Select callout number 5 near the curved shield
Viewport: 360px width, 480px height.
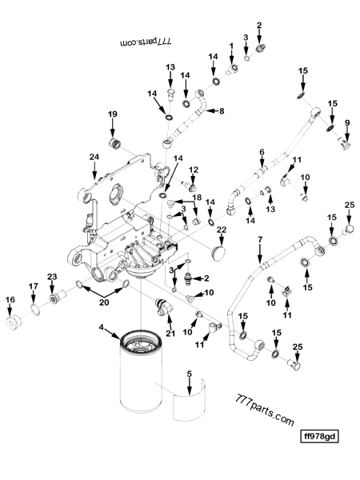click(x=190, y=374)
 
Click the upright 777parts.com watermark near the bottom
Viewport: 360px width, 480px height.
click(x=265, y=410)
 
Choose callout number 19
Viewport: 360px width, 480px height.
click(x=113, y=114)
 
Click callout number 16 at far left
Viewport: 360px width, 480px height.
click(x=10, y=300)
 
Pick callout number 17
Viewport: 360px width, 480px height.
click(x=34, y=286)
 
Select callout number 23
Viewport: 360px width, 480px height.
click(x=53, y=277)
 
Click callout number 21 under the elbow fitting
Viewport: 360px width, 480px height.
click(x=170, y=333)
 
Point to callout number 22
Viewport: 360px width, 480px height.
click(x=222, y=230)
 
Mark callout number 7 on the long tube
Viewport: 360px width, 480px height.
click(x=259, y=239)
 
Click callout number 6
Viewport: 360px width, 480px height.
click(x=261, y=152)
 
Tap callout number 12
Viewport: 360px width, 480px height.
click(x=194, y=170)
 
